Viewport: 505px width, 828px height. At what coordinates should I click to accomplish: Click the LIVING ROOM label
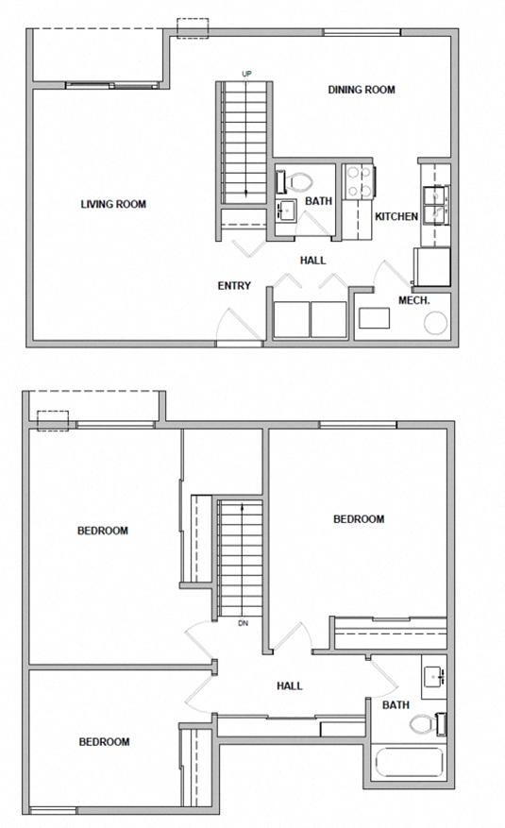point(113,204)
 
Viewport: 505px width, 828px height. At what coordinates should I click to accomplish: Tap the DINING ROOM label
point(361,91)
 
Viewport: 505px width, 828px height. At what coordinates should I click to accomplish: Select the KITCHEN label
point(396,217)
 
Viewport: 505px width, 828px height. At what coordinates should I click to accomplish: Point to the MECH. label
point(414,300)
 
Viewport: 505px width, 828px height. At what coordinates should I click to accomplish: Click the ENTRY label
point(233,286)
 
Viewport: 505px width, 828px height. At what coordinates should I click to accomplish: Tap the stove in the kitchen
point(359,181)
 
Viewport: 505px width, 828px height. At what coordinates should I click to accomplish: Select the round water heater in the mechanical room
point(436,323)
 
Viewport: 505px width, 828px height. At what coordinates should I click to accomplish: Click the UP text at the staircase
point(247,75)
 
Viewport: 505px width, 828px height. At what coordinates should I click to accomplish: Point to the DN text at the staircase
point(243,623)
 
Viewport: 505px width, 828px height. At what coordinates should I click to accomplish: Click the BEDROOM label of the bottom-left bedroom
point(103,742)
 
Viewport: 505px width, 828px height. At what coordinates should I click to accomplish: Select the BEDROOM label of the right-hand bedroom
point(360,519)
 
